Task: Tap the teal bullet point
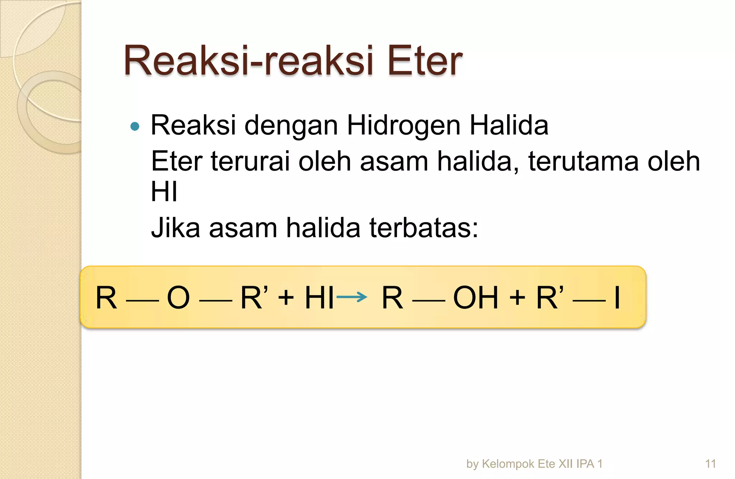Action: [135, 126]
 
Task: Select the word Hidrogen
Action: [403, 125]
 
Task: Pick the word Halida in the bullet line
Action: [509, 125]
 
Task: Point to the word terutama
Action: [583, 161]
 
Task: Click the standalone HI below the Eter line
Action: [164, 192]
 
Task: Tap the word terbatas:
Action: [424, 228]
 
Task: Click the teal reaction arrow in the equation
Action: [352, 297]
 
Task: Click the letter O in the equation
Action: [178, 297]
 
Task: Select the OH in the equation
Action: [476, 297]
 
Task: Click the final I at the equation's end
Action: [617, 297]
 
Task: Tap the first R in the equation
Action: [106, 297]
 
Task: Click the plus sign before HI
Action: [286, 297]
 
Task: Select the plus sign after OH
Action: [517, 297]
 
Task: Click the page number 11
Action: [710, 464]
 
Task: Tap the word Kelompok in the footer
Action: [509, 464]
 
